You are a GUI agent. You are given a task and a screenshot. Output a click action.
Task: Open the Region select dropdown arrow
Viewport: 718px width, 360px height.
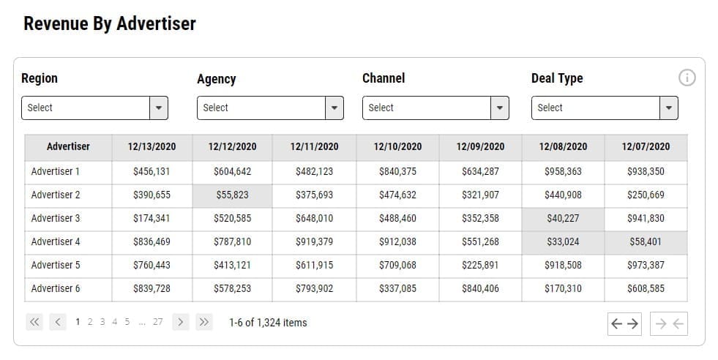(x=159, y=108)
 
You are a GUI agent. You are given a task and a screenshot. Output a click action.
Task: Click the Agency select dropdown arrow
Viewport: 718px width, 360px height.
(x=334, y=108)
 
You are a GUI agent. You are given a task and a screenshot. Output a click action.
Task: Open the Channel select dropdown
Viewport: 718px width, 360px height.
(x=435, y=108)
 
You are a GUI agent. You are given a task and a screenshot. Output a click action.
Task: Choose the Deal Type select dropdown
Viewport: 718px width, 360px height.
(x=604, y=108)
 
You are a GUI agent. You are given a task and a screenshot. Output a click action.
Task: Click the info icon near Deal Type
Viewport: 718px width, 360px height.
(x=687, y=78)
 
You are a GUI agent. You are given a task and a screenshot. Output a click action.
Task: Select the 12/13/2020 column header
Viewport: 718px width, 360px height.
(x=152, y=146)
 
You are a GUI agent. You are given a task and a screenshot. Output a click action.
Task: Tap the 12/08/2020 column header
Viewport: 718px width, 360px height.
(x=563, y=146)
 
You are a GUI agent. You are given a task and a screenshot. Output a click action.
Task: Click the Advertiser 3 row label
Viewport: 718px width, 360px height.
(x=56, y=218)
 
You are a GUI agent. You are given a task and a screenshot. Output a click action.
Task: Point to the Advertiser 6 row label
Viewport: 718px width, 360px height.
(x=56, y=288)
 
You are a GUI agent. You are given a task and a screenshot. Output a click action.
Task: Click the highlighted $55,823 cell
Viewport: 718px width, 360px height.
(x=232, y=195)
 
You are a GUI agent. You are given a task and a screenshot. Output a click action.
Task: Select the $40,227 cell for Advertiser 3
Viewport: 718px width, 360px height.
(x=563, y=218)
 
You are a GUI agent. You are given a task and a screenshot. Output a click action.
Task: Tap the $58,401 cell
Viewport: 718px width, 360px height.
(x=646, y=241)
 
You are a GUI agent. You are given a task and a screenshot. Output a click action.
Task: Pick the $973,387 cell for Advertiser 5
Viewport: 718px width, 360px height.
(x=646, y=265)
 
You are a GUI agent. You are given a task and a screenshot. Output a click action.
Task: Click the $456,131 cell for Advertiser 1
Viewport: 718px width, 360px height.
(x=152, y=171)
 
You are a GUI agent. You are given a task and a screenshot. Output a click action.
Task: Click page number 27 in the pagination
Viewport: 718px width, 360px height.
(x=158, y=322)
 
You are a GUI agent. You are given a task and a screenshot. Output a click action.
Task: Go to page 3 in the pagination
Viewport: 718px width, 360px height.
(x=102, y=322)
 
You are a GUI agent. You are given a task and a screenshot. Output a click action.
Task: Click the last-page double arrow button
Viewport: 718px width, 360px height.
(x=203, y=322)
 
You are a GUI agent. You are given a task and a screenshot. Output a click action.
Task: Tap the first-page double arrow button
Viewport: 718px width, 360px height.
(x=34, y=322)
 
